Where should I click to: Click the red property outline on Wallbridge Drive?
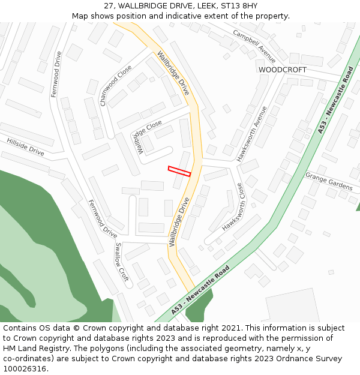point(179,171)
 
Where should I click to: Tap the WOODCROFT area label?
point(282,70)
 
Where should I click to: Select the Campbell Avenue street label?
point(254,47)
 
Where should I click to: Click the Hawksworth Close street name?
point(235,208)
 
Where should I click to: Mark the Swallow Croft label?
point(122,262)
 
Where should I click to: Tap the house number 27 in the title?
point(109,5)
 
